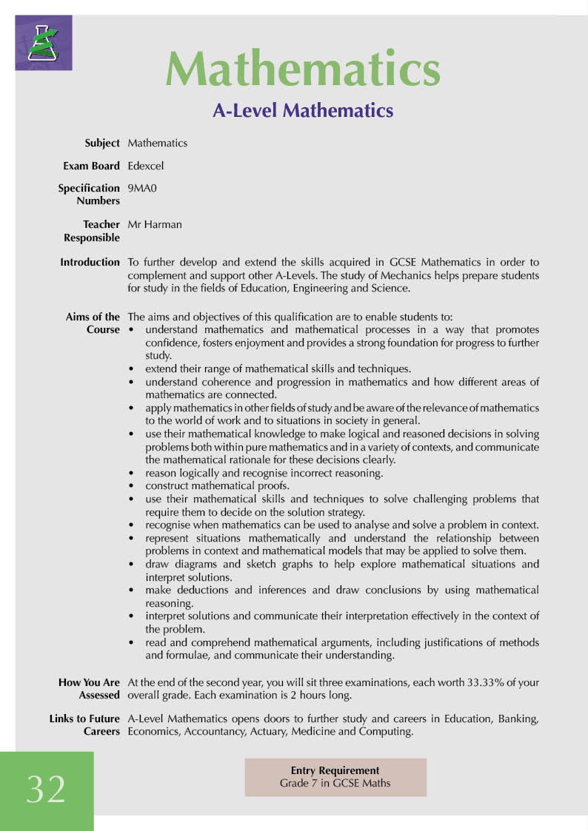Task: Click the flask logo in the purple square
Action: pos(44,43)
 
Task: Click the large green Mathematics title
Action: pos(302,70)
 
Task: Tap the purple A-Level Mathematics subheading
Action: pos(302,110)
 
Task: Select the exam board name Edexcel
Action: pos(146,166)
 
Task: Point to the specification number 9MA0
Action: pos(143,188)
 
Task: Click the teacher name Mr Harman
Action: pos(155,224)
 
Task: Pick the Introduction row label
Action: pos(90,262)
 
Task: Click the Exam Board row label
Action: pos(91,166)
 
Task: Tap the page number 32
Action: pos(46,790)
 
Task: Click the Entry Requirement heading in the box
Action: pos(335,770)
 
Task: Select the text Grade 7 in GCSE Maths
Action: pos(335,783)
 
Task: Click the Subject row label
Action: pos(102,143)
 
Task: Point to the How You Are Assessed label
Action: pos(90,689)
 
